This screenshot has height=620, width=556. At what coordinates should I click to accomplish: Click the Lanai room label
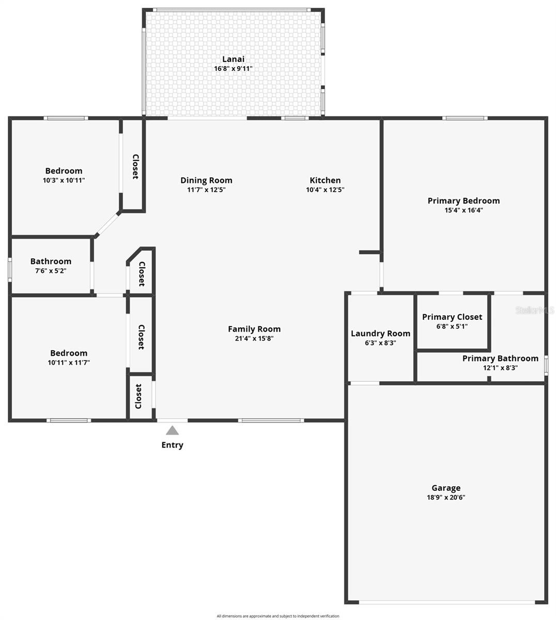233,59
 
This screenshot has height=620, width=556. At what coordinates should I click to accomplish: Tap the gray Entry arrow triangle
172,430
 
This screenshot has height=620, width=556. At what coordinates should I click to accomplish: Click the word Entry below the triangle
172,445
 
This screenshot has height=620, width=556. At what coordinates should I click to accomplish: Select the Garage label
446,488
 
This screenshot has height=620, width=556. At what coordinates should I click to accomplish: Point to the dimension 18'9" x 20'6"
446,498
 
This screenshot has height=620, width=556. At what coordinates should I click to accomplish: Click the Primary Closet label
452,317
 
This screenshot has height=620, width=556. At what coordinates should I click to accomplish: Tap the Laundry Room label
380,333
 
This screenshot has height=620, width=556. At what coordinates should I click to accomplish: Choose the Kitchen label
325,180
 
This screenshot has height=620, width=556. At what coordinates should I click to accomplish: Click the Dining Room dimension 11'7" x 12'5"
206,190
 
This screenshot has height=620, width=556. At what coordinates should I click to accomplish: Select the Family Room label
254,329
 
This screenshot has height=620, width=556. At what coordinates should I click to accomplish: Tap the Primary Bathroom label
500,358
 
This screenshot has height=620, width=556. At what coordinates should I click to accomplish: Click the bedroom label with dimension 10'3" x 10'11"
64,171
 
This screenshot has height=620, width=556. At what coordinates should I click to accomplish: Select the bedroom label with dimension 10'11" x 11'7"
69,353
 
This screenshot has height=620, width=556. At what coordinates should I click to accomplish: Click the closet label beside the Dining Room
135,166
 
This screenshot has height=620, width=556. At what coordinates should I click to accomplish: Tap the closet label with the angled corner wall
141,274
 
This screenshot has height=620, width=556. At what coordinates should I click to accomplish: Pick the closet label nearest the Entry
138,396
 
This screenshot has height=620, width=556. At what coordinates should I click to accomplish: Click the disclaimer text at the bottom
278,616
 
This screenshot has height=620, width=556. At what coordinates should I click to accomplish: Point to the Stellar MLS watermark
536,310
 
